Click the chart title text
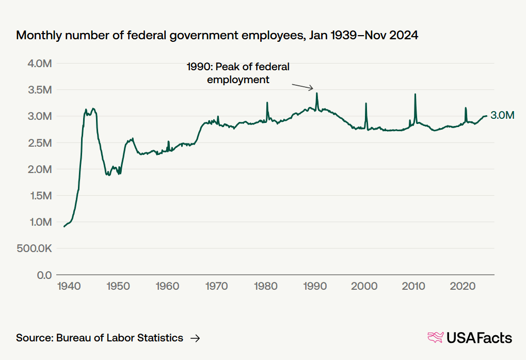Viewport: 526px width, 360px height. point(217,36)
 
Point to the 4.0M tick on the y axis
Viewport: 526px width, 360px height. point(40,64)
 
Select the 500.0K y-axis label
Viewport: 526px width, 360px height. point(34,248)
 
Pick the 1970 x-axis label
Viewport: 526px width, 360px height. point(216,286)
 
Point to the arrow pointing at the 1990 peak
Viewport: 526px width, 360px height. point(303,86)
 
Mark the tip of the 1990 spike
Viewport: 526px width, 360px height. point(317,93)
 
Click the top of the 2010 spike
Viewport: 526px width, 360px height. point(415,94)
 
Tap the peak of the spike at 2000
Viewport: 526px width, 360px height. point(366,103)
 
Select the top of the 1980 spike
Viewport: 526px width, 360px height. point(267,102)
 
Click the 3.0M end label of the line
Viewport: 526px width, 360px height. point(502,116)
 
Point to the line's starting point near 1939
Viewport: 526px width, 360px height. point(64,226)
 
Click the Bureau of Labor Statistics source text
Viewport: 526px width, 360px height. point(100,338)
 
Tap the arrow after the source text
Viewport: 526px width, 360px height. point(195,338)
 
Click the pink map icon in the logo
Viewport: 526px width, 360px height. point(436,338)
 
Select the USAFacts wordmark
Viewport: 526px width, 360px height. point(479,338)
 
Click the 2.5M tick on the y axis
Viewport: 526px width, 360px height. point(40,143)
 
